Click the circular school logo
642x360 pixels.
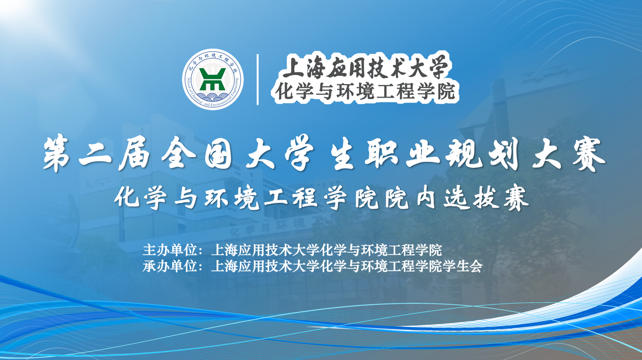(213, 79)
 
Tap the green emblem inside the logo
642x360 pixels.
(213, 78)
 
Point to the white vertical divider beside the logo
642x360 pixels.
(258, 79)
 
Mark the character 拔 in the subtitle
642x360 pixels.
(485, 198)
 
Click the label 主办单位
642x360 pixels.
(170, 250)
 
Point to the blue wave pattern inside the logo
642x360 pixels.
(213, 96)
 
